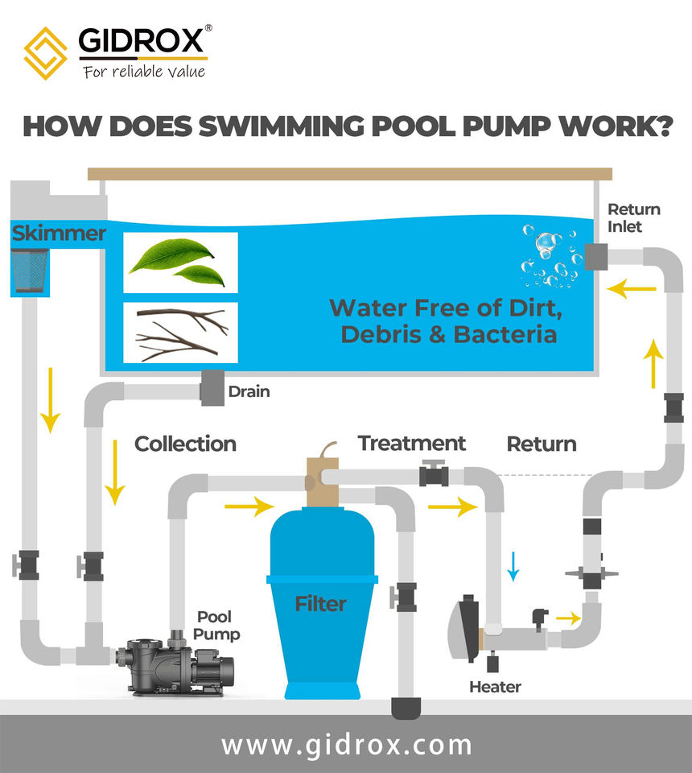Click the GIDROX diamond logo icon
[x=45, y=50]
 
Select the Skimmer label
[x=58, y=234]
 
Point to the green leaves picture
[x=179, y=262]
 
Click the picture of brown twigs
[x=179, y=333]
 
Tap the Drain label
[x=249, y=392]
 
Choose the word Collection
[x=185, y=444]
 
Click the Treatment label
[x=412, y=443]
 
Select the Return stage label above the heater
[x=542, y=444]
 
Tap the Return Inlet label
[x=634, y=218]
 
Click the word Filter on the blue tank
[x=320, y=603]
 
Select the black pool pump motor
[x=174, y=666]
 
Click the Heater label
[x=495, y=687]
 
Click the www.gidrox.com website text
[x=346, y=744]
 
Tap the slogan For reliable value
[x=144, y=72]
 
